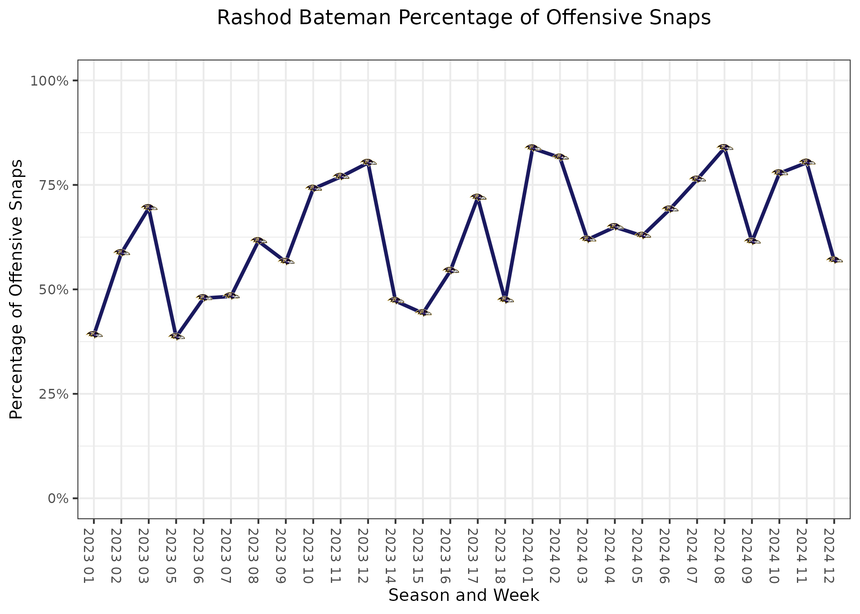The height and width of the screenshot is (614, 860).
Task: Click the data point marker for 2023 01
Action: click(x=94, y=334)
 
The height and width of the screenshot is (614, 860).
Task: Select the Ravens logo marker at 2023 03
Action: click(x=149, y=208)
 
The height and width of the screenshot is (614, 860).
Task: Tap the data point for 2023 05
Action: click(x=177, y=336)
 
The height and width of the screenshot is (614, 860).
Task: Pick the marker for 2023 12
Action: click(x=368, y=163)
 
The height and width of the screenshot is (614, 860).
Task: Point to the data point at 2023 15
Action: click(x=423, y=313)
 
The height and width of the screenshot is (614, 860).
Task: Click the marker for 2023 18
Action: click(x=505, y=300)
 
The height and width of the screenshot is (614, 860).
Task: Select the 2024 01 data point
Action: click(x=533, y=148)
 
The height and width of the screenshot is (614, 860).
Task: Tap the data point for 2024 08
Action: click(x=724, y=147)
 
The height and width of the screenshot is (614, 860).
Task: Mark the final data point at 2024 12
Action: click(x=834, y=260)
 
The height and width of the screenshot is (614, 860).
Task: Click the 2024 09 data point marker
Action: click(x=752, y=241)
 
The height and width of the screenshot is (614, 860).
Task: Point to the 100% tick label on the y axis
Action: click(x=49, y=81)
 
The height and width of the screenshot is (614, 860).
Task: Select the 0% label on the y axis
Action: click(x=57, y=499)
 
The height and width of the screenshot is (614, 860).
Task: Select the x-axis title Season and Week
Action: click(x=464, y=596)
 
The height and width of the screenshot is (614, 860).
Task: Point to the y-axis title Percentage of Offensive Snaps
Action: click(x=16, y=289)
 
